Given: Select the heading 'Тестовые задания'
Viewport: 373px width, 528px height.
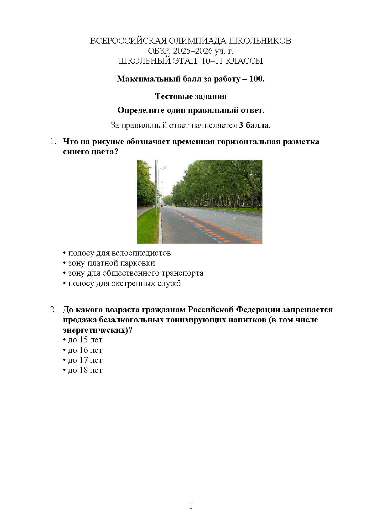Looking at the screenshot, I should coord(191,96).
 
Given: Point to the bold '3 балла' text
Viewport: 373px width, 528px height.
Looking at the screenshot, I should coord(253,125).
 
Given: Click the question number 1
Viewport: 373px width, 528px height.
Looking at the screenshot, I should coord(52,141).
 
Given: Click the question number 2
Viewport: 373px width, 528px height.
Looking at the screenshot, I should coord(52,310).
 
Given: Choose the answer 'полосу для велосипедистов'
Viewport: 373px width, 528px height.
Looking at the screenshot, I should coord(119,253).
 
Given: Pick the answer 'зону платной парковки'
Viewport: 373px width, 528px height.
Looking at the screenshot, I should coord(111,263).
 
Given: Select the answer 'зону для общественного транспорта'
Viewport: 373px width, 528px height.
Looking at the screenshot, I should coord(136,273).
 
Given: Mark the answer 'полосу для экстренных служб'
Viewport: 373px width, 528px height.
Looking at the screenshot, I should coord(124,283).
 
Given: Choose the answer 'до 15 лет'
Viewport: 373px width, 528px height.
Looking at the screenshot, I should coord(85,340).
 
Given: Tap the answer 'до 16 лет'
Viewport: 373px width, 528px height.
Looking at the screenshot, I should coord(85,350).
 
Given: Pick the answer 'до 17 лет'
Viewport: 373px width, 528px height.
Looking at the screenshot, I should coord(85,360).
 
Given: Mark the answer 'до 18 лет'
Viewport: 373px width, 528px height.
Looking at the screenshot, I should coord(85,370).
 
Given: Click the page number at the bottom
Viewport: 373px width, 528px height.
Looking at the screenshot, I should coord(191,506).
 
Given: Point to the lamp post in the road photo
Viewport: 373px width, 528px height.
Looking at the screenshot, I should coord(156,188).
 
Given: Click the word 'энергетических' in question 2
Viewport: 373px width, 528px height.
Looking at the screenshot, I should coord(95,330).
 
